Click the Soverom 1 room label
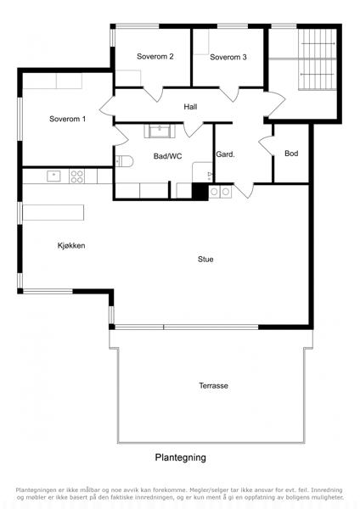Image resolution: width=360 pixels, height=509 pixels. [x=68, y=119]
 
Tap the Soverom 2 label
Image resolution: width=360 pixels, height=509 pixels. [x=155, y=57]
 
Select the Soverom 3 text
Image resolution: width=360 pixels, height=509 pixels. [x=228, y=58]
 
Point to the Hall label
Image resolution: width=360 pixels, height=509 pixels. [x=190, y=107]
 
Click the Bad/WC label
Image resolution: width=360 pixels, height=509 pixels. [x=167, y=156]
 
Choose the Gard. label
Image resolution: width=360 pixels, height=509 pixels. [x=225, y=154]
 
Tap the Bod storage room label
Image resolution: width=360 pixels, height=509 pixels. [x=291, y=154]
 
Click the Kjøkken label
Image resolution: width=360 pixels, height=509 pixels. [x=71, y=246]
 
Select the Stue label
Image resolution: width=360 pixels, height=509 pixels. [x=205, y=259]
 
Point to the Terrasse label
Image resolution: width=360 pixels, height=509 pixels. [x=213, y=386]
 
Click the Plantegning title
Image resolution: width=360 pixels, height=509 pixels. [x=180, y=458]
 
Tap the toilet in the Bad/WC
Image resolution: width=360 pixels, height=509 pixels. [x=125, y=161]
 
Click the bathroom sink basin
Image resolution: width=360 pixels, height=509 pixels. [x=160, y=131]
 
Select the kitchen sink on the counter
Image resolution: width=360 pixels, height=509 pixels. [x=54, y=176]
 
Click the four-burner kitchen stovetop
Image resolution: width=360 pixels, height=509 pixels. [x=76, y=176]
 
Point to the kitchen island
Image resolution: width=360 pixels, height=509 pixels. [x=53, y=212]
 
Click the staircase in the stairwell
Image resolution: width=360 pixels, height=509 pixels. [x=318, y=59]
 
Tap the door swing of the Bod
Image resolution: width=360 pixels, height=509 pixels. [x=265, y=145]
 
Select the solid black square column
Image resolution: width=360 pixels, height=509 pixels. [x=200, y=191]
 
